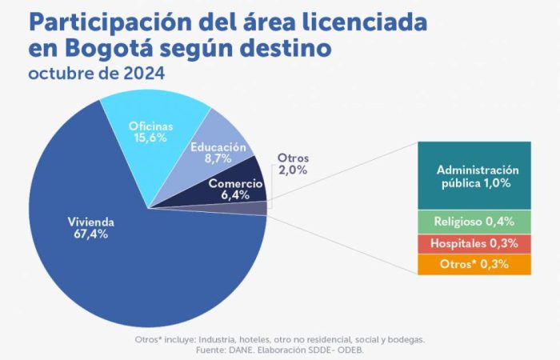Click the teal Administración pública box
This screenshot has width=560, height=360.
[478, 176]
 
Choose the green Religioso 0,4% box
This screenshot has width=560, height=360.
[478, 222]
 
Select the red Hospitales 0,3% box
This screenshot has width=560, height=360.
[478, 243]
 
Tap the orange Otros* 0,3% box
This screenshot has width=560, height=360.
[478, 265]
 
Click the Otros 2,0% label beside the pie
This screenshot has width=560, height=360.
[292, 164]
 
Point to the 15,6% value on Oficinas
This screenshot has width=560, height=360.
[150, 138]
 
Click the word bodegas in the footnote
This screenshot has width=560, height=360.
[405, 339]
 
